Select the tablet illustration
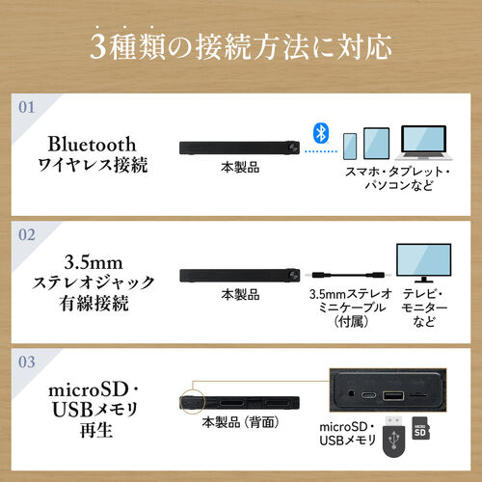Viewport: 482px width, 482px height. point(377,144)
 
